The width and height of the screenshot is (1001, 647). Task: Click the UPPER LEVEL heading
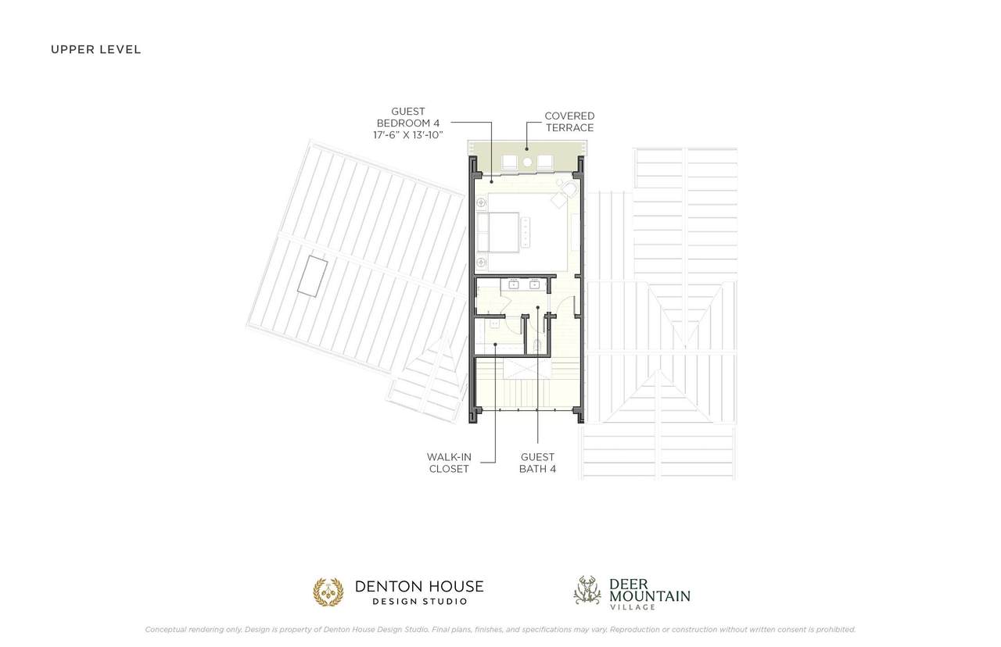click(x=95, y=49)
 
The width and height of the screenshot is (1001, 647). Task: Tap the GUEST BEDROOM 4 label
click(x=408, y=117)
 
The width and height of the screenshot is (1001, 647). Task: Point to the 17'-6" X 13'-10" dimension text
click(x=408, y=135)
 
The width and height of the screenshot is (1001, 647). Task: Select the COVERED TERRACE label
click(x=569, y=122)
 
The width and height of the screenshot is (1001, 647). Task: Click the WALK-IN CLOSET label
click(x=449, y=463)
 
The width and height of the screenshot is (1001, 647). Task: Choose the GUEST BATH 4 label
click(x=537, y=463)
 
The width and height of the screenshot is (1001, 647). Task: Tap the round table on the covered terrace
click(x=528, y=162)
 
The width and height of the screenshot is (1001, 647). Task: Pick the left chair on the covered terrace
click(x=509, y=162)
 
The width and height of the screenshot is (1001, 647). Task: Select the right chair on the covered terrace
click(x=545, y=162)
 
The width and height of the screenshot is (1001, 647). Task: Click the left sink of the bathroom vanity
click(x=514, y=284)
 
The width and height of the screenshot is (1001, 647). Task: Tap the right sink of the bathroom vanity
click(x=534, y=284)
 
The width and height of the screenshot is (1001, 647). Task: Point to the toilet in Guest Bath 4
click(x=537, y=346)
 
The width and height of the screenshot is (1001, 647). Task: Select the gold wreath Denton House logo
click(x=328, y=592)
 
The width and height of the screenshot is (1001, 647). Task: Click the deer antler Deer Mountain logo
click(x=587, y=590)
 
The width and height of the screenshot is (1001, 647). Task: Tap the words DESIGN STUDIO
click(x=420, y=602)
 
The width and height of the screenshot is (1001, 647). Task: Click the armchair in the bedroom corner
click(x=569, y=191)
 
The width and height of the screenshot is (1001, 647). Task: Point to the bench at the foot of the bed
click(x=526, y=232)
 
